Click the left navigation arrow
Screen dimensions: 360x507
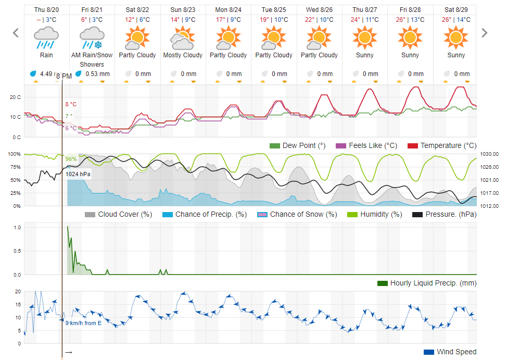(16, 33)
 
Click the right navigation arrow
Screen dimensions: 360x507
(485, 33)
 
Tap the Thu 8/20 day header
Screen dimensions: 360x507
(46, 10)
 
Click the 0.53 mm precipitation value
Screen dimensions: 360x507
(97, 73)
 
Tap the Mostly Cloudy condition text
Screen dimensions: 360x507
(183, 55)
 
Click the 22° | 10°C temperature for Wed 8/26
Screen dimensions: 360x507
(320, 20)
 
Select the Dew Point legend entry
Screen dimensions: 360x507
(298, 145)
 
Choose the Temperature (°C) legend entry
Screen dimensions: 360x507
(442, 145)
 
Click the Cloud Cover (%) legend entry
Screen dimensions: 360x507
(118, 214)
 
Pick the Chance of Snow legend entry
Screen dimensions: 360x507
(297, 214)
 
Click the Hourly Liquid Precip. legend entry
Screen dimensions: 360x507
(427, 283)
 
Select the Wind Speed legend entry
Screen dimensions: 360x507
(450, 352)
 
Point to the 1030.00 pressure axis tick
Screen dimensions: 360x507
(489, 154)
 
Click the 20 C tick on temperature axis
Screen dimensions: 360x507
(15, 97)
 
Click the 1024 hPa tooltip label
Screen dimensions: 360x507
(78, 174)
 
